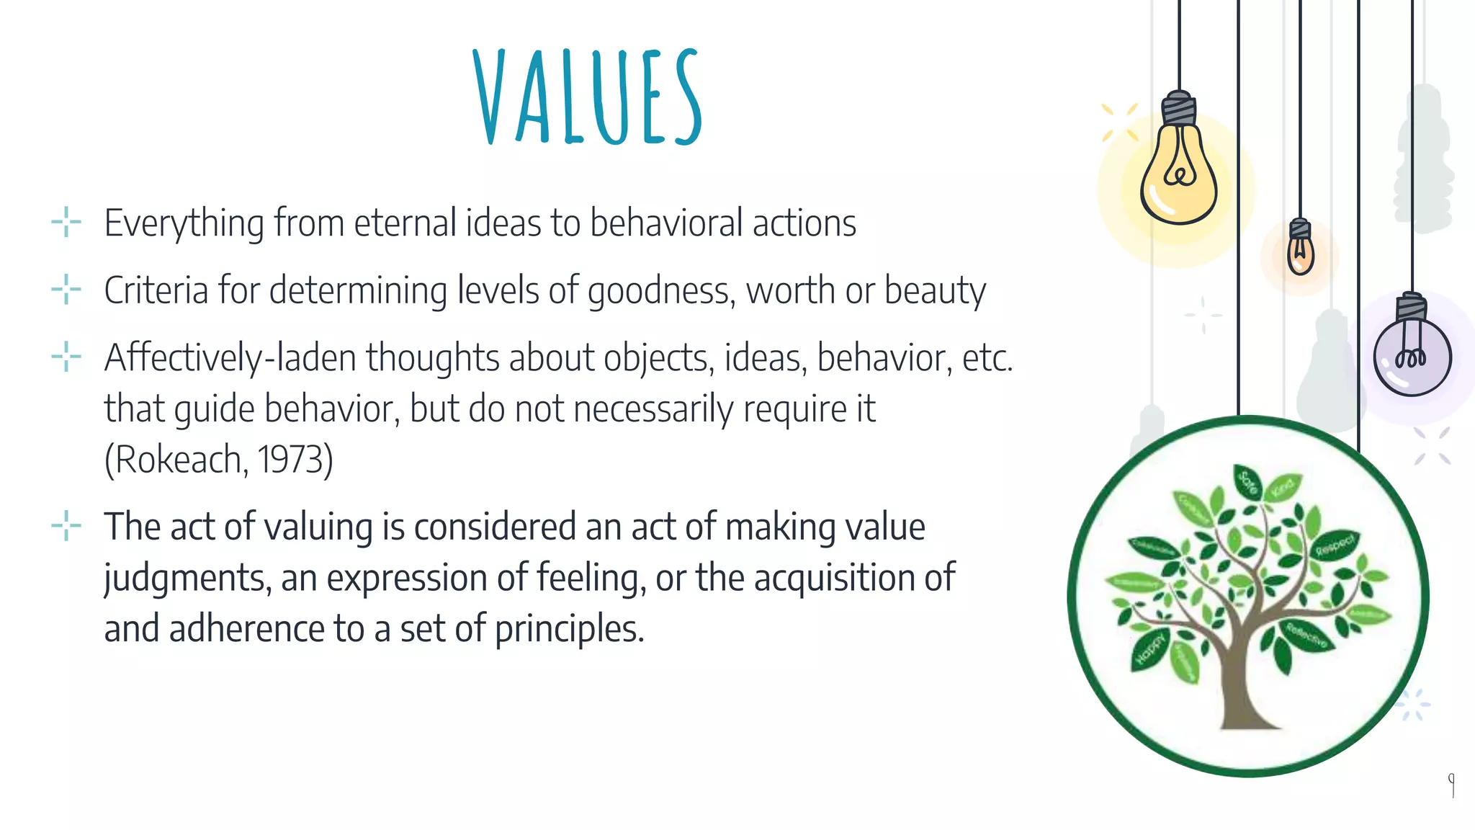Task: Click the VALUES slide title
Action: pos(588,97)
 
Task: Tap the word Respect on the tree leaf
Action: pos(1336,545)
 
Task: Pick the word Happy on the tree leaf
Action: pos(1149,648)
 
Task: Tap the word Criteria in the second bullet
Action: pos(156,290)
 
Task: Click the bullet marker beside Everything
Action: pos(66,223)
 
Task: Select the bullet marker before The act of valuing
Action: pos(66,526)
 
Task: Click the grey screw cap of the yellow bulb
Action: pos(1179,109)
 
